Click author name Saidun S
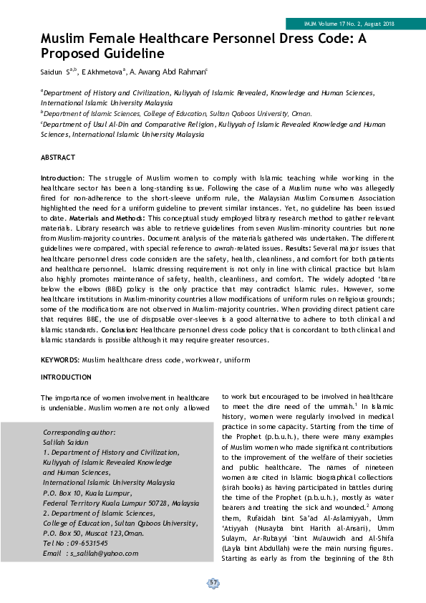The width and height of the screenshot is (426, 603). [57, 72]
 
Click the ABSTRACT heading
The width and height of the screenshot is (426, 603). [58, 157]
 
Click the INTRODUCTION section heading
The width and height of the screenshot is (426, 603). [66, 377]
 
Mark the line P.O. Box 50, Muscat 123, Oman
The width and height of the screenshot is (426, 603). [93, 533]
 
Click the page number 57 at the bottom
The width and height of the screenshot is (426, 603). [213, 584]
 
